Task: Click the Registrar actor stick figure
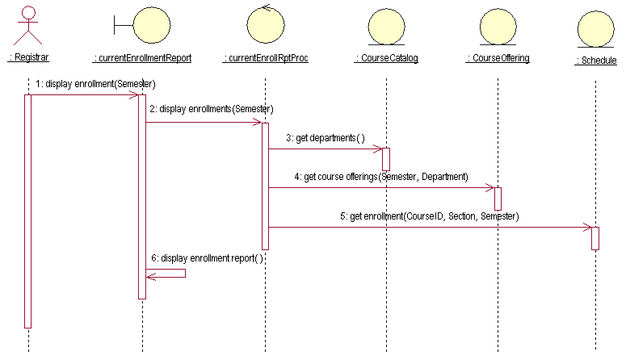pyautogui.click(x=28, y=23)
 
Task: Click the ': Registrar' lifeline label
pyautogui.click(x=28, y=58)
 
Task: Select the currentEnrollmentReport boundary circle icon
pyautogui.click(x=142, y=25)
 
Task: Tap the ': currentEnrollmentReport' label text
pyautogui.click(x=142, y=58)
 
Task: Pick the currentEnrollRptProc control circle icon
pyautogui.click(x=265, y=24)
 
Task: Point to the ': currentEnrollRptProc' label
pyautogui.click(x=265, y=58)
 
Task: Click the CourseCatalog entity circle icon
pyautogui.click(x=385, y=26)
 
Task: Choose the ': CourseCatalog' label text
pyautogui.click(x=386, y=58)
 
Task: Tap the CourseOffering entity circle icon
pyautogui.click(x=498, y=26)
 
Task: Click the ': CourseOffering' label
pyautogui.click(x=498, y=58)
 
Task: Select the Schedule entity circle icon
pyautogui.click(x=595, y=28)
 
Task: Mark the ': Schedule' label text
pyautogui.click(x=595, y=61)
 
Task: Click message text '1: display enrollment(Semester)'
pyautogui.click(x=95, y=84)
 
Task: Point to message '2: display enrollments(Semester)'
pyautogui.click(x=211, y=109)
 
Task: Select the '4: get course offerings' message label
pyautogui.click(x=380, y=176)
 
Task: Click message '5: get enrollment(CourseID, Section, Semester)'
pyautogui.click(x=429, y=216)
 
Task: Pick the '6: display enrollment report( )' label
pyautogui.click(x=207, y=258)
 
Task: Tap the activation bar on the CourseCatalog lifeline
pyautogui.click(x=385, y=159)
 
